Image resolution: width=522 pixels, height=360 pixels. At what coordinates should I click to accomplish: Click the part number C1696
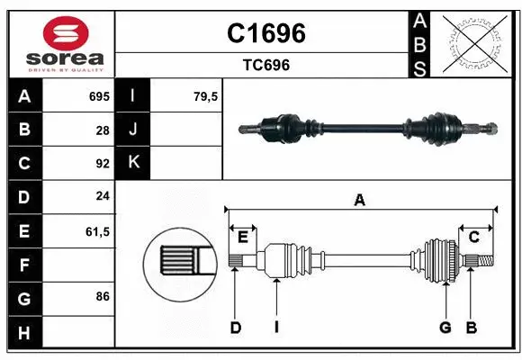265,33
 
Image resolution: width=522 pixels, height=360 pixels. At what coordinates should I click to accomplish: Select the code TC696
265,65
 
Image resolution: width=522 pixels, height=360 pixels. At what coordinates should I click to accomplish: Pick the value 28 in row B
103,130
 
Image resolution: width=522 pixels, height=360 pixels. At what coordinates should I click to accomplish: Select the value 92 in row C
103,164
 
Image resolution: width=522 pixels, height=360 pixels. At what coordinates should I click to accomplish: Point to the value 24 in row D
103,197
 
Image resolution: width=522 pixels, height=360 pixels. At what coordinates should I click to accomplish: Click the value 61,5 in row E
97,231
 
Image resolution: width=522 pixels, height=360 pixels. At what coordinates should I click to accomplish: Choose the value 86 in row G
103,295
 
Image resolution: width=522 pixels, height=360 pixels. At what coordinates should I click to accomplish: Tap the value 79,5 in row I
206,96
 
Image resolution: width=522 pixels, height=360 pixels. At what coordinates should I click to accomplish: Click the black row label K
132,163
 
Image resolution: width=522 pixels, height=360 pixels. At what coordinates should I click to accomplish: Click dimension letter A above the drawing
360,200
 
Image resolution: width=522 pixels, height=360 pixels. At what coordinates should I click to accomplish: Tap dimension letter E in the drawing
242,237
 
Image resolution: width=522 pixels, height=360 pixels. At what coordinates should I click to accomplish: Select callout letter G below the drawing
445,328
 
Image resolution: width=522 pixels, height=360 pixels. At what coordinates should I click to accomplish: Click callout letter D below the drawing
235,328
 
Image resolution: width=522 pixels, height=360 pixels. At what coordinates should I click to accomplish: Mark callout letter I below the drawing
276,328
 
